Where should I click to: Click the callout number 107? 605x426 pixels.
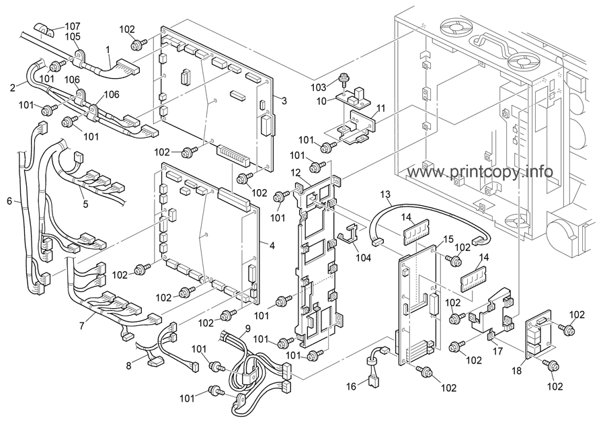click(x=73, y=26)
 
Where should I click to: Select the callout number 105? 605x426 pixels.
click(x=73, y=36)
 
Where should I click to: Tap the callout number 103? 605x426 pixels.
click(x=318, y=87)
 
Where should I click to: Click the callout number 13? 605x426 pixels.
click(x=385, y=194)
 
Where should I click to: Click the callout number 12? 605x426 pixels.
click(x=295, y=173)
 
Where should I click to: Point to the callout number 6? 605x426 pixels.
click(x=9, y=201)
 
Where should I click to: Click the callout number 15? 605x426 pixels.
click(x=448, y=239)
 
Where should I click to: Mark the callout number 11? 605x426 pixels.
click(x=380, y=108)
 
